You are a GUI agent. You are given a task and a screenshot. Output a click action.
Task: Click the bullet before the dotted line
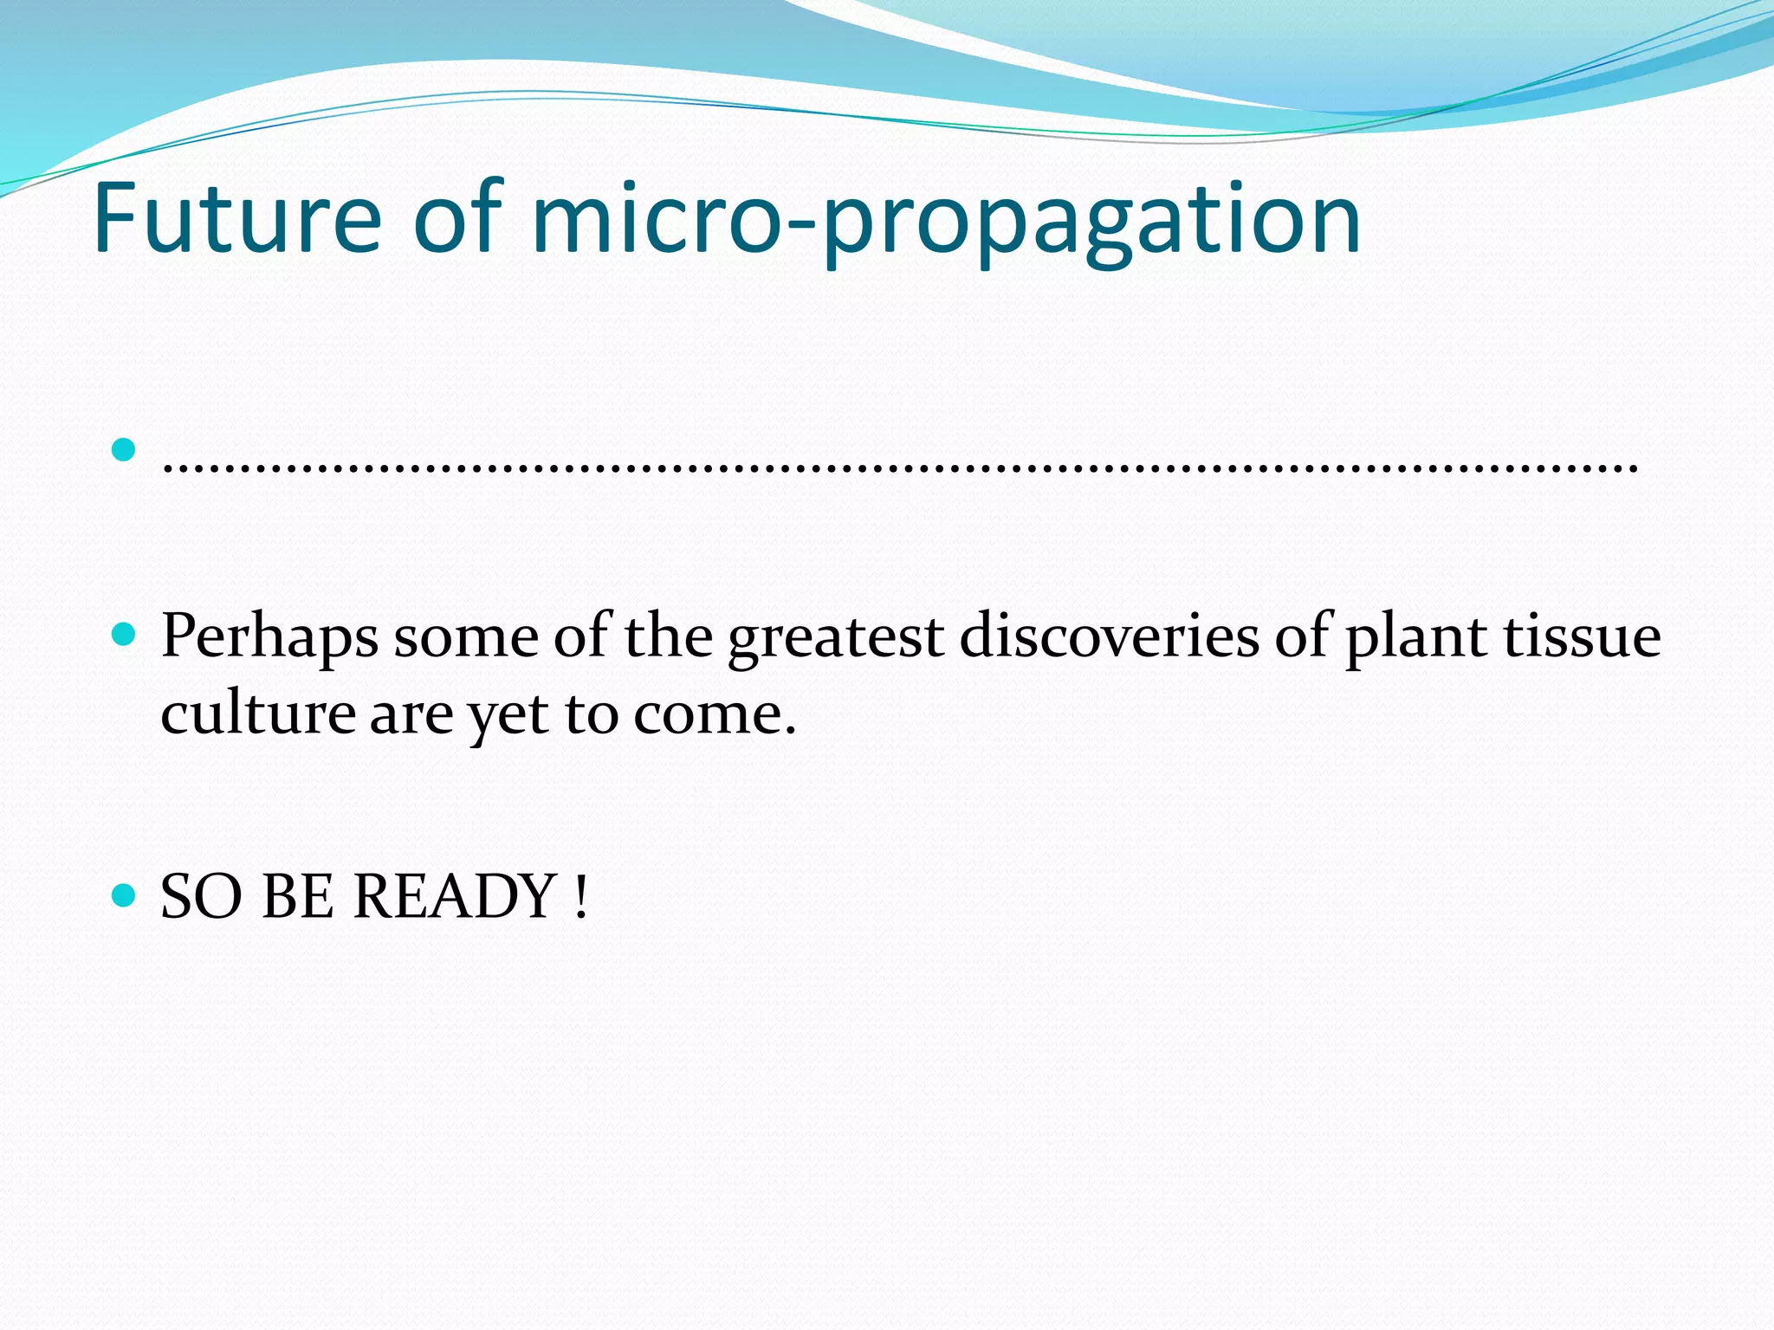click(x=125, y=449)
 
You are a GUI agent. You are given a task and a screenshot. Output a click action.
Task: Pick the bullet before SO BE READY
click(x=125, y=894)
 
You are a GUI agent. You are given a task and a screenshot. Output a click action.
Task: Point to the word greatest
click(x=835, y=639)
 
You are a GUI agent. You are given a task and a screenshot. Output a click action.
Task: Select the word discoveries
click(x=1109, y=637)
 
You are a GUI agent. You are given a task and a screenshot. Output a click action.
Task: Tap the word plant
click(x=1415, y=639)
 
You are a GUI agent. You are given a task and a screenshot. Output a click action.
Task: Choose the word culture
click(x=258, y=715)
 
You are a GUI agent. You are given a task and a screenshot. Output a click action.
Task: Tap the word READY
click(x=455, y=896)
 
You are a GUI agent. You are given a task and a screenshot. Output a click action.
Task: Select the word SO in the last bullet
click(x=201, y=896)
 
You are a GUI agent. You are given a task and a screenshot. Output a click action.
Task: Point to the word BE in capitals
click(x=298, y=896)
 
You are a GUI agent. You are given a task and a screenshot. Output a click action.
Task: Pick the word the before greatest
click(x=669, y=637)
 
